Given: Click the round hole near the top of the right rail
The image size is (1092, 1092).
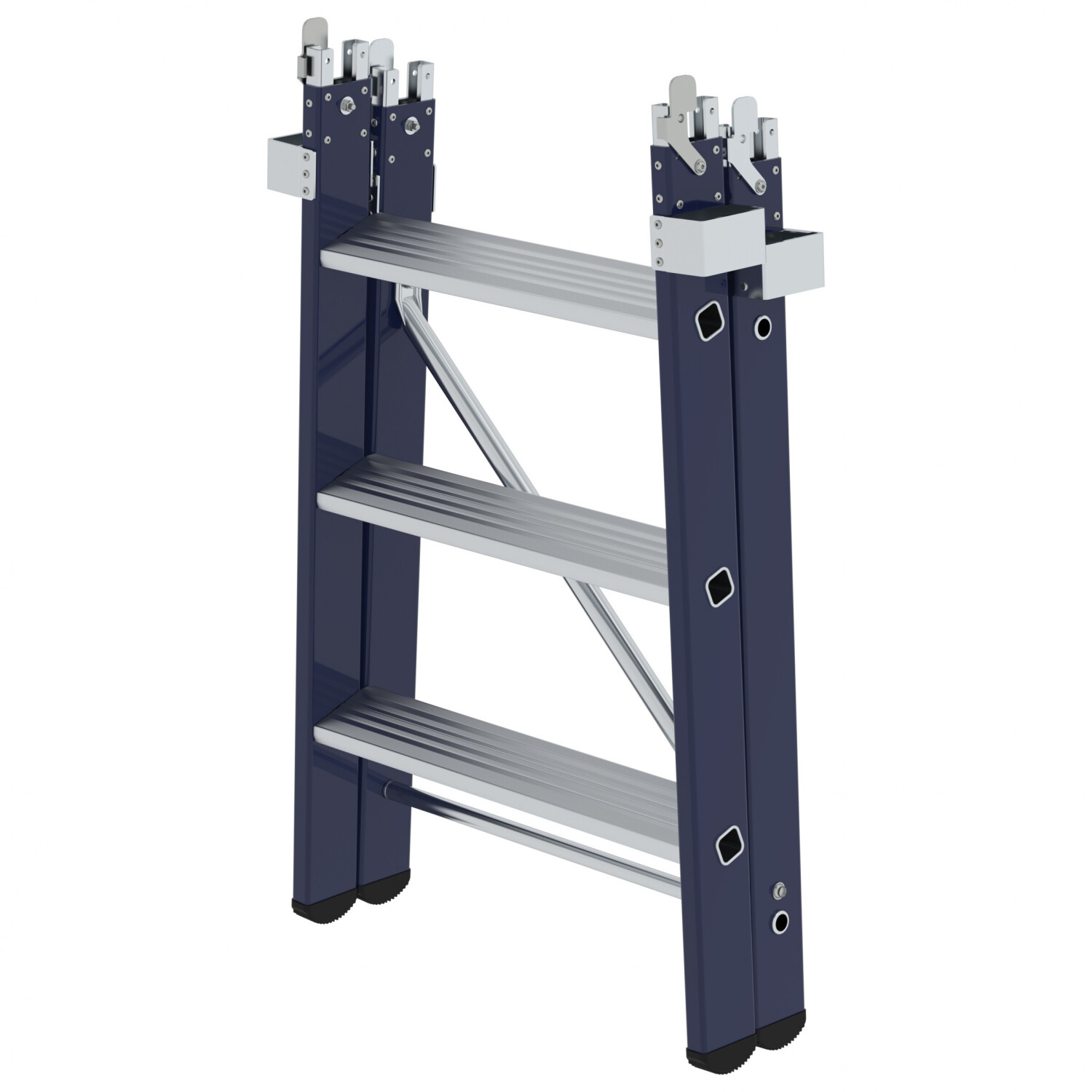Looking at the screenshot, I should (762, 327).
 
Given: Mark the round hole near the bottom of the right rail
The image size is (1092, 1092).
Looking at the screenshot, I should (780, 922).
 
